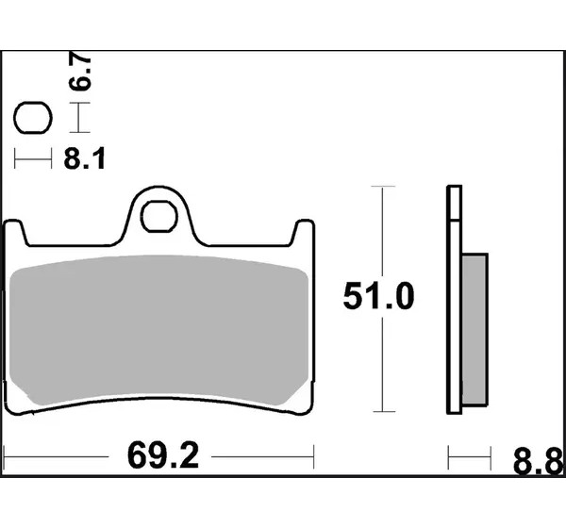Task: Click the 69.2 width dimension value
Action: pyautogui.click(x=163, y=455)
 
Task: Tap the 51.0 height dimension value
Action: pyautogui.click(x=378, y=296)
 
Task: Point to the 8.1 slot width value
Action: pyautogui.click(x=85, y=158)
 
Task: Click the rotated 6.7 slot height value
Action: pyautogui.click(x=80, y=72)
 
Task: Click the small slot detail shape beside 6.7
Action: pyautogui.click(x=33, y=118)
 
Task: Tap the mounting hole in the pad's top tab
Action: pyautogui.click(x=159, y=216)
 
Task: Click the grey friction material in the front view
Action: pyautogui.click(x=158, y=328)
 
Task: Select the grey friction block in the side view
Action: pyautogui.click(x=474, y=329)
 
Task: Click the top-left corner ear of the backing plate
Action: pyautogui.click(x=13, y=232)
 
